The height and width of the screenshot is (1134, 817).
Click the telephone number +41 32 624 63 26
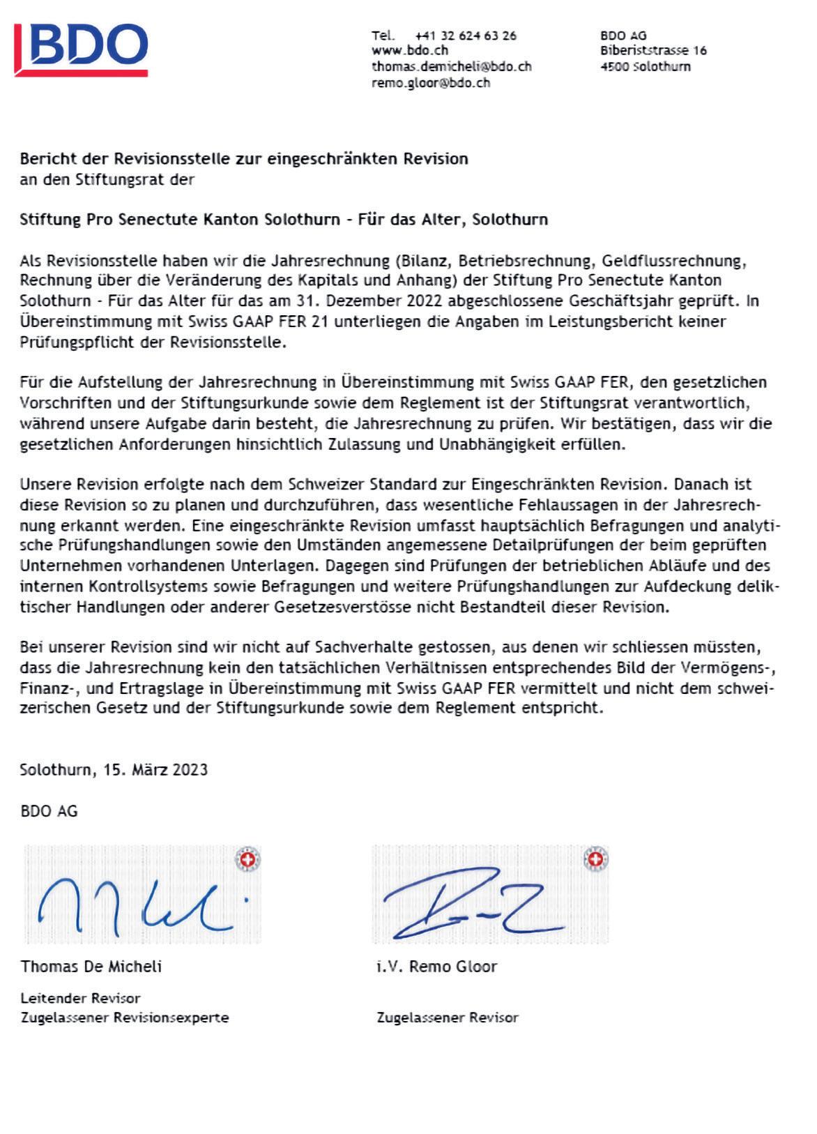[465, 36]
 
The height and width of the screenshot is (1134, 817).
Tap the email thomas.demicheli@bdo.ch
[451, 67]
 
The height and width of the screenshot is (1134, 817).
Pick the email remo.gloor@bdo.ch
[430, 83]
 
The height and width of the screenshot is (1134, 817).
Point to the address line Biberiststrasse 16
[653, 51]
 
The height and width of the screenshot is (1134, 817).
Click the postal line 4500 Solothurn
[645, 67]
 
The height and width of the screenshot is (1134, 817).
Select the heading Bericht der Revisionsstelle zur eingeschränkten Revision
[244, 159]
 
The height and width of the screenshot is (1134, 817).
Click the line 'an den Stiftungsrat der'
[107, 180]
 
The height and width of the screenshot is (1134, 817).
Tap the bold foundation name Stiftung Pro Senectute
[283, 220]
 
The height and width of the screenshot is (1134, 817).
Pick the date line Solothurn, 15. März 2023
[114, 770]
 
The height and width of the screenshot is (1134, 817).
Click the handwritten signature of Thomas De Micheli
[136, 905]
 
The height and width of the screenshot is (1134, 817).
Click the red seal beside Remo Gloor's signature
[595, 859]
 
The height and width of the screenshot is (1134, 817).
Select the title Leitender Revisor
[80, 998]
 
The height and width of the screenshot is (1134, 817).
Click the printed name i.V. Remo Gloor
[436, 967]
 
